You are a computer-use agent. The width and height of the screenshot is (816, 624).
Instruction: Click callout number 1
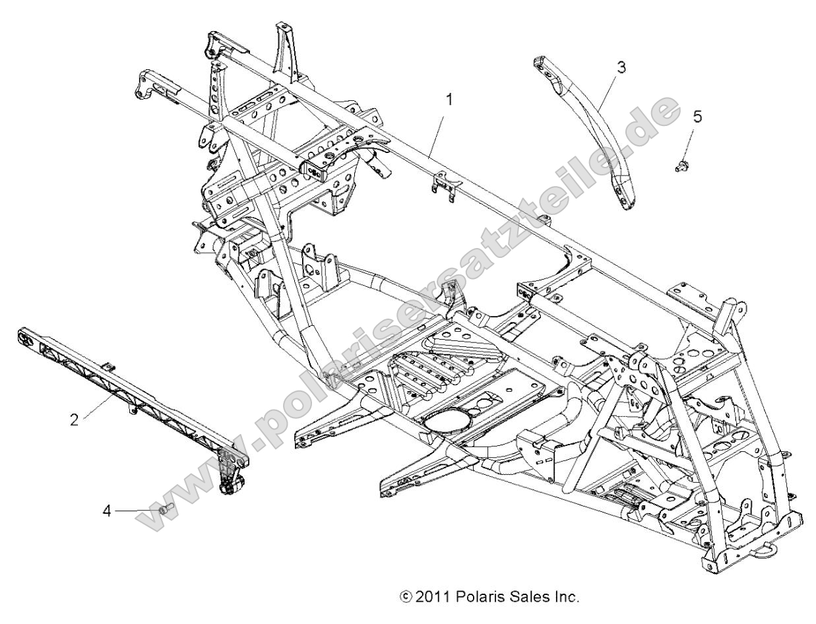coord(449,100)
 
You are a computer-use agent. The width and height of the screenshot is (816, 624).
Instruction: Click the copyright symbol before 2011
coord(406,598)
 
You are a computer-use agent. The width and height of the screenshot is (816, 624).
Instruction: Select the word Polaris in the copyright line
coord(473,598)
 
